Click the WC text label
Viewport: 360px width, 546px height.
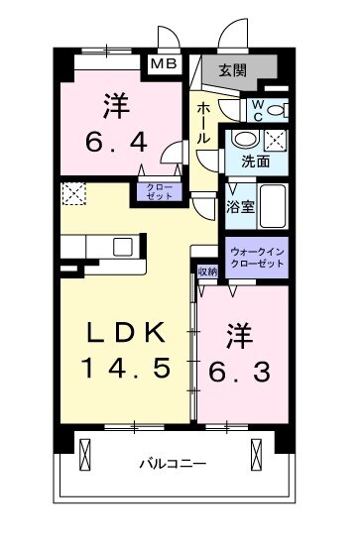coord(255,108)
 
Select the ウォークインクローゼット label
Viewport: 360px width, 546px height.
coord(256,258)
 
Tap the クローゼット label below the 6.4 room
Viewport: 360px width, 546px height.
coord(159,192)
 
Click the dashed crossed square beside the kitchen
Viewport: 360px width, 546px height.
coord(72,194)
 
